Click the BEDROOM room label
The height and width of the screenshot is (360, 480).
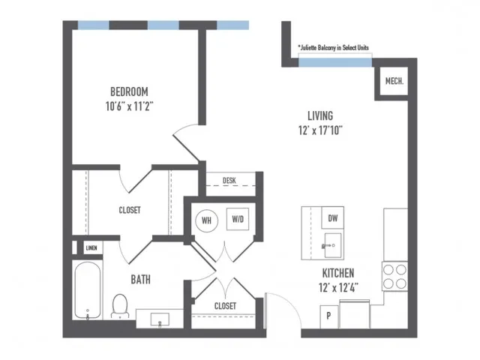click(129, 91)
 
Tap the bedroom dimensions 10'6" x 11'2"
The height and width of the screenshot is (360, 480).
click(129, 106)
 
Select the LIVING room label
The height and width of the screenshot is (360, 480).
click(320, 115)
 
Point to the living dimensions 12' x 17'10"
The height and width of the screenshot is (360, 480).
click(320, 130)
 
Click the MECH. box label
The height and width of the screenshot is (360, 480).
click(394, 81)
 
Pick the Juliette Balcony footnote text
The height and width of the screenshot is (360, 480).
click(333, 47)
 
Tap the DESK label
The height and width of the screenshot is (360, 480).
click(229, 180)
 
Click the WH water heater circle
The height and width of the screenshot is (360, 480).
click(207, 220)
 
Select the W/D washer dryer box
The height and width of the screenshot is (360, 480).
click(238, 219)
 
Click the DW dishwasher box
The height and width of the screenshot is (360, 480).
click(333, 217)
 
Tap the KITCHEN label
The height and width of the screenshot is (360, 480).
click(338, 273)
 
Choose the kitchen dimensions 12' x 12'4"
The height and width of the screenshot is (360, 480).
click(338, 287)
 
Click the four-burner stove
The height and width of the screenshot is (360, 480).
click(394, 277)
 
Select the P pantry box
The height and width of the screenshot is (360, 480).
click(328, 316)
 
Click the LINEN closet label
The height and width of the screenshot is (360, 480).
click(91, 247)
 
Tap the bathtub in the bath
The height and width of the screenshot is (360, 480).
click(88, 290)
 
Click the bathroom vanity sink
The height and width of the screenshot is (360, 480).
click(160, 319)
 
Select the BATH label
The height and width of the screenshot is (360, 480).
click(140, 280)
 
